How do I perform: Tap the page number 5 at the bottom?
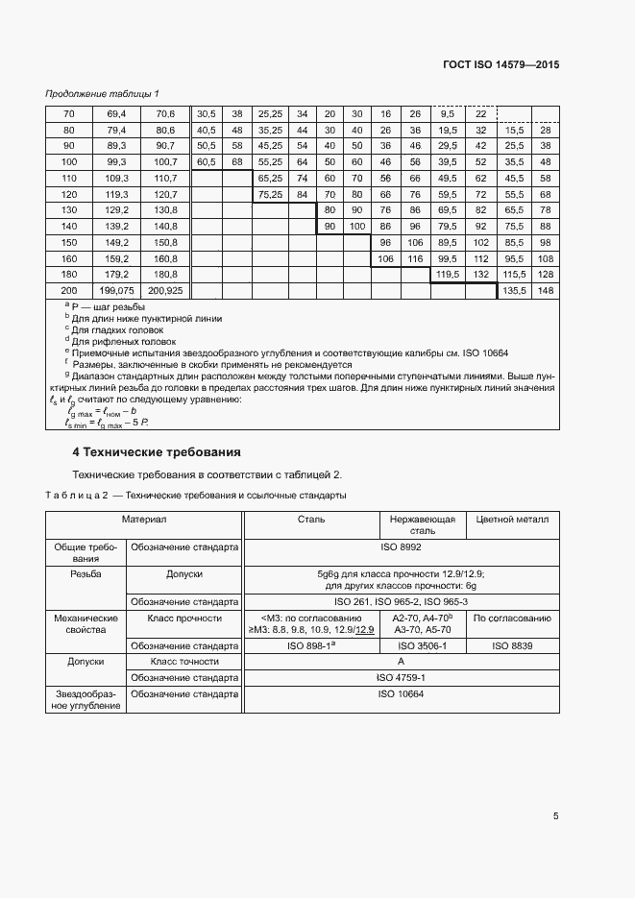556,816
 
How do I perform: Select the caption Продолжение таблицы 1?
103,94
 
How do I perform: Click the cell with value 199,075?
116,290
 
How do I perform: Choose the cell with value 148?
546,290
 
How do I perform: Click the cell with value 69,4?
116,113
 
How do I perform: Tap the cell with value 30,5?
206,113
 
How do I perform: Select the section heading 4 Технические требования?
157,451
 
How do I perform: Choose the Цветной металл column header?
512,519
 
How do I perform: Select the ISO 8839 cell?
512,646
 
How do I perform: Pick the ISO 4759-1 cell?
401,677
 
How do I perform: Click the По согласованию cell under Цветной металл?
512,618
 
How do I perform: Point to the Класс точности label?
184,662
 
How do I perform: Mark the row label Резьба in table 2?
86,573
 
